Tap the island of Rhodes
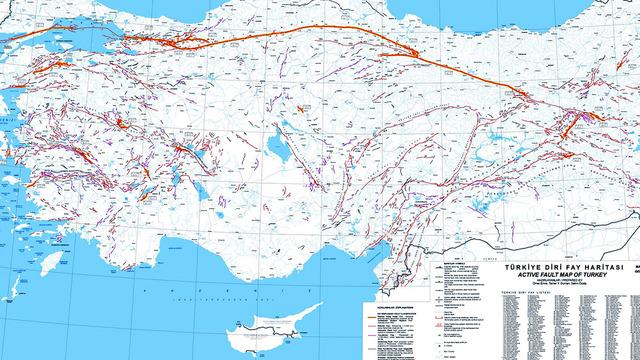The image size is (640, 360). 47,262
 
